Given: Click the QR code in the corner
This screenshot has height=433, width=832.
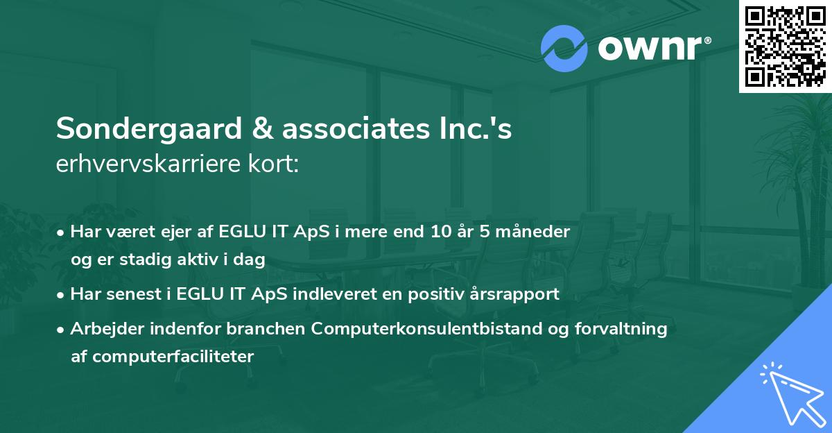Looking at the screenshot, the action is click(785, 46).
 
